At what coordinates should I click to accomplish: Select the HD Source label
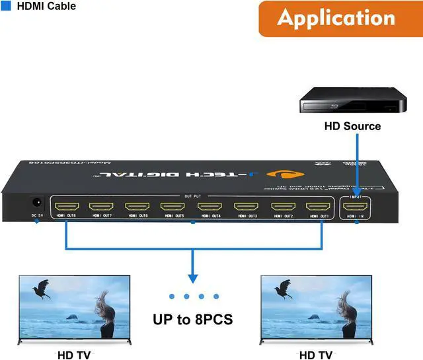[x=352, y=126]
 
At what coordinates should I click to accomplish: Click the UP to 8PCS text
[x=192, y=320]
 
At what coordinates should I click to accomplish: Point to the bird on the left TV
[x=43, y=288]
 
